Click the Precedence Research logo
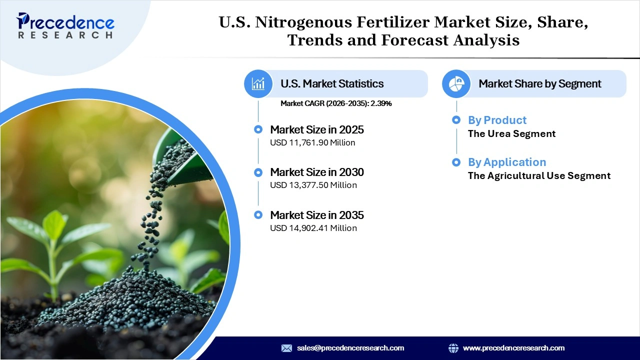(65, 25)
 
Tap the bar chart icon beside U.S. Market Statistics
(258, 83)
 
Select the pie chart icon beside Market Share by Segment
(456, 83)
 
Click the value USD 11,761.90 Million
(312, 142)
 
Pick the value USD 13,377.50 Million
(313, 185)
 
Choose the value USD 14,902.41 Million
(313, 228)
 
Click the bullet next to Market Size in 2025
(258, 129)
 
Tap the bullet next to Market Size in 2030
(258, 172)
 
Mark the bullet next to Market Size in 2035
(258, 215)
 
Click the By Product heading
(497, 120)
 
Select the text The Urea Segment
(511, 133)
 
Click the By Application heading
(507, 162)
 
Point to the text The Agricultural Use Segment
(539, 175)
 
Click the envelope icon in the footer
(286, 348)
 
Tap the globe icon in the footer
(453, 348)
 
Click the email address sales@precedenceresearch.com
(350, 348)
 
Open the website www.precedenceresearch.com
(513, 348)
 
